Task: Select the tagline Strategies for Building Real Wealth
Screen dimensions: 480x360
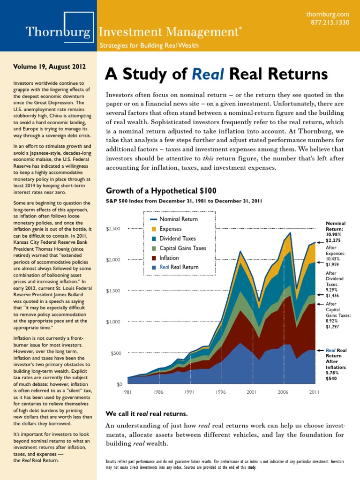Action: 149,45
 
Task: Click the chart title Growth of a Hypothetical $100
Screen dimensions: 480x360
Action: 161,191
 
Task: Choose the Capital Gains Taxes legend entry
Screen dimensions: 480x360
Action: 182,248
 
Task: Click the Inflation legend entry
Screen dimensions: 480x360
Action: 169,258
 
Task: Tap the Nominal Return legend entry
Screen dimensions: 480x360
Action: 178,219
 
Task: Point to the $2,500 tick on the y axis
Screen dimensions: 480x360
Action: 113,229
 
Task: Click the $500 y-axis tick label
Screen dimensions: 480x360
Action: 115,353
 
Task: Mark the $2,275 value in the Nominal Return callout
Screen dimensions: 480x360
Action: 334,240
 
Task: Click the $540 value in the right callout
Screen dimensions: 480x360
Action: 332,378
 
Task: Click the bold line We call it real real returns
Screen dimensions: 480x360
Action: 146,414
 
